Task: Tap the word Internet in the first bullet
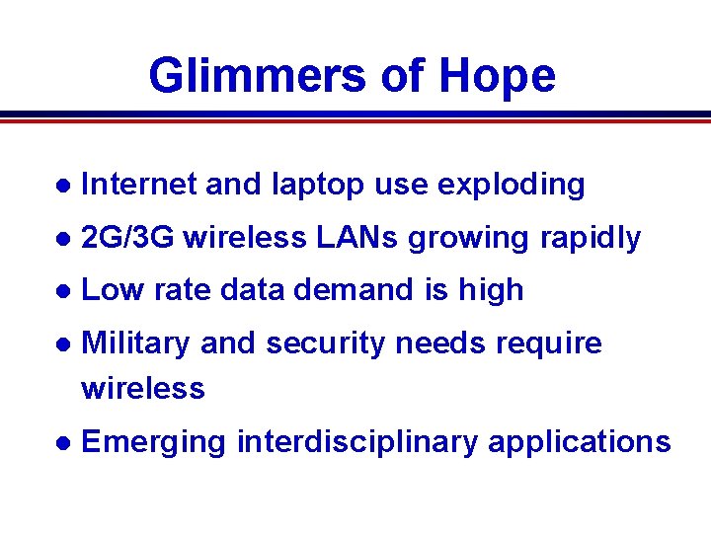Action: click(138, 185)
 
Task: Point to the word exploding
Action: click(511, 185)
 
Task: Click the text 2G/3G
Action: click(128, 238)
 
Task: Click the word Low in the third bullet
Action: click(111, 290)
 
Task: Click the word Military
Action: click(136, 343)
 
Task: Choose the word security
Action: click(323, 343)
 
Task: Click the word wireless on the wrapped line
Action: click(143, 389)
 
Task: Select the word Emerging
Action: click(154, 441)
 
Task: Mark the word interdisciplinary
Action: click(357, 441)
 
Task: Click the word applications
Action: click(580, 441)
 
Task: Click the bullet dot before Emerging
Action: click(62, 442)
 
